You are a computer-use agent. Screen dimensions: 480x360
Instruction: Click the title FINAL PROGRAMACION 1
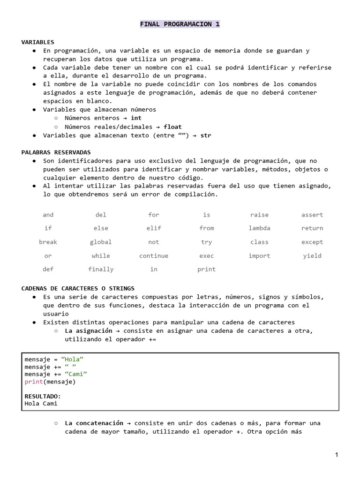[x=180, y=24]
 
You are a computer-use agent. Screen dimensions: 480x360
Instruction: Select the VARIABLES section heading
[x=38, y=42]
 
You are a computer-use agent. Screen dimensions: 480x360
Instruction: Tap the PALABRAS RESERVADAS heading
[x=56, y=152]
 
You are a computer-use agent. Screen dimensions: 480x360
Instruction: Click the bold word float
[x=172, y=127]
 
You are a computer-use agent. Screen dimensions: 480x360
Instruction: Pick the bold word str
[x=206, y=135]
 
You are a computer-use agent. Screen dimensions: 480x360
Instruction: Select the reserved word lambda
[x=259, y=228]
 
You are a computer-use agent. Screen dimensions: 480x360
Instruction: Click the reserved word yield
[x=312, y=256]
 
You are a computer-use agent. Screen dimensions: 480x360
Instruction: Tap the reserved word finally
[x=101, y=270]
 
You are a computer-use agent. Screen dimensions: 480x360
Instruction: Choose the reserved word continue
[x=154, y=256]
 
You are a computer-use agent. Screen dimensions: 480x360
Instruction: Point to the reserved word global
[x=101, y=242]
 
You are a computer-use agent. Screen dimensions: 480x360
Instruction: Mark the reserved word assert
[x=312, y=215]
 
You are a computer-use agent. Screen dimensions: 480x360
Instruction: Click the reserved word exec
[x=206, y=256]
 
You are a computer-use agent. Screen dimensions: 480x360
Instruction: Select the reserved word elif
[x=154, y=228]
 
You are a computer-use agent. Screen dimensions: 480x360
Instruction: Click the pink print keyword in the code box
[x=34, y=382]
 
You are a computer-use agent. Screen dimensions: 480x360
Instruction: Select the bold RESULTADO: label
[x=43, y=396]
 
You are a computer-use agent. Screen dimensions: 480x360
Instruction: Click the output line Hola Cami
[x=41, y=404]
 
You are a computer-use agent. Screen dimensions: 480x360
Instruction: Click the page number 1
[x=337, y=455]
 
